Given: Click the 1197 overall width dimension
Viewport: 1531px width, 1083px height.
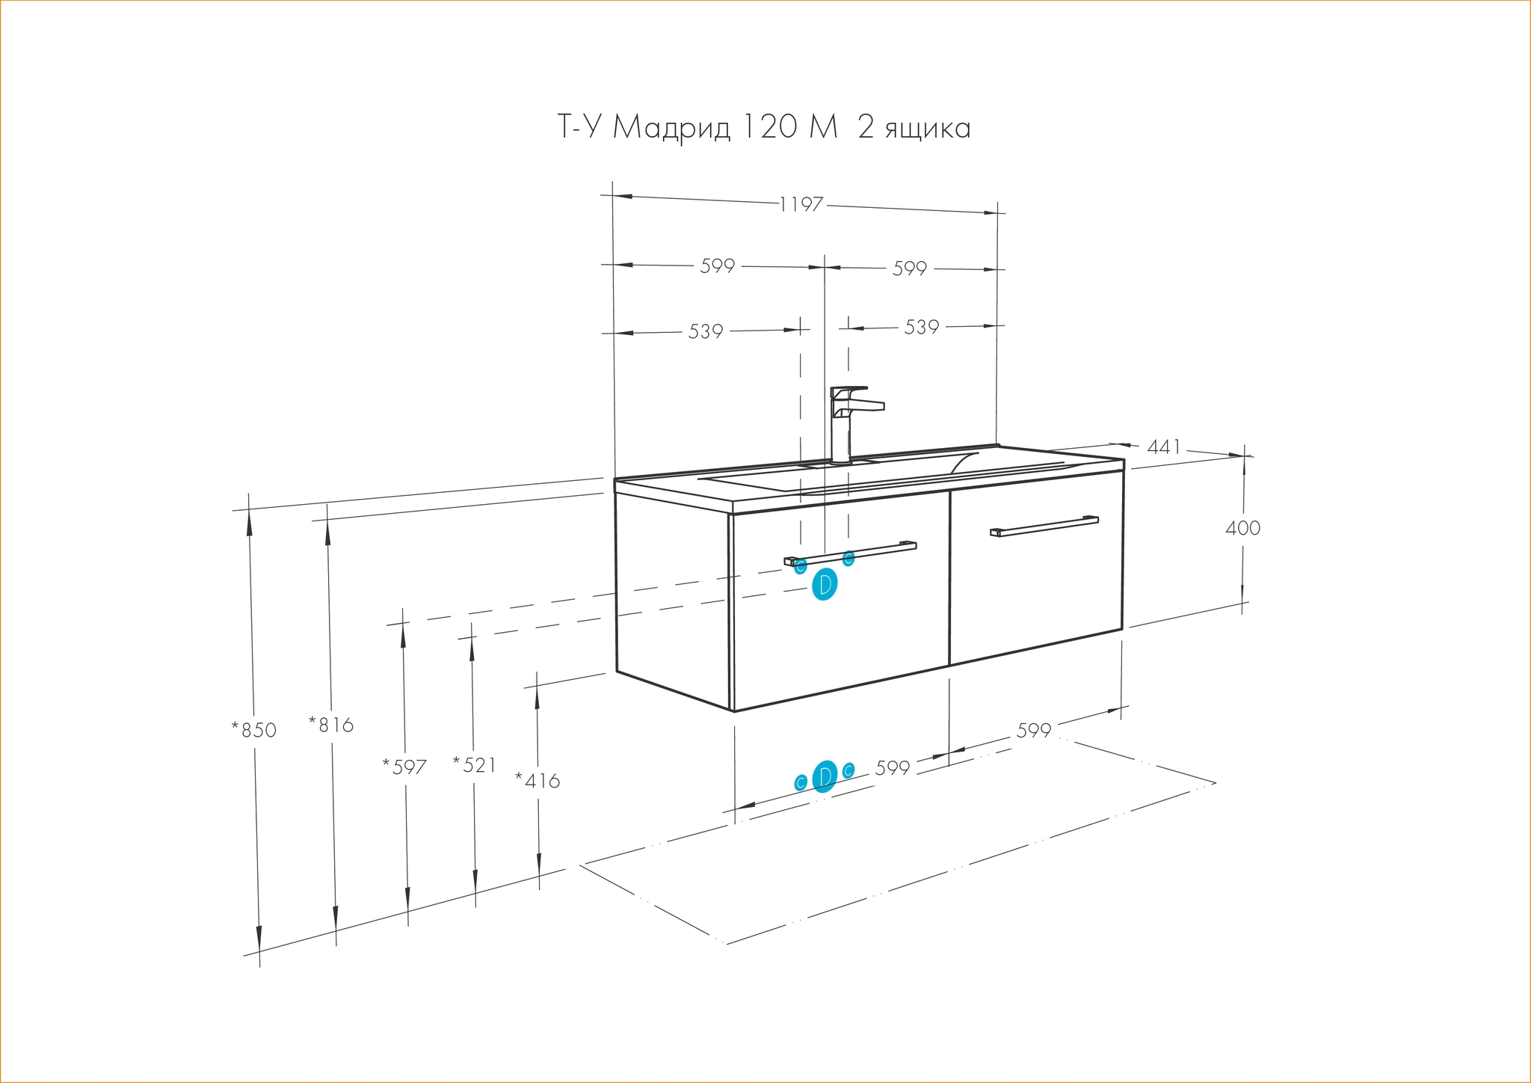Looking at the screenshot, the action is (801, 204).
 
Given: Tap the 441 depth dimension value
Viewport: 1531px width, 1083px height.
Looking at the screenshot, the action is (1164, 447).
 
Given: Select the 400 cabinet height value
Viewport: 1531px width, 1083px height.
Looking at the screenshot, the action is (1243, 528).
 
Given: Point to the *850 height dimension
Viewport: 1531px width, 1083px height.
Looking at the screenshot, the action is (253, 730).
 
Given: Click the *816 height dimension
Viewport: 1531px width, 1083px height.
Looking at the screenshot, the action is (331, 725).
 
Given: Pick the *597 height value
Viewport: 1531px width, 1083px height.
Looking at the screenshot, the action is (404, 767).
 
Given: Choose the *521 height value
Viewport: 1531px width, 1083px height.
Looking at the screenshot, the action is (474, 764).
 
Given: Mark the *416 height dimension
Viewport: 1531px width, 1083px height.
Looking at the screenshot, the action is (537, 781).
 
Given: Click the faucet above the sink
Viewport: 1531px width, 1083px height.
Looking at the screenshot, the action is (851, 424).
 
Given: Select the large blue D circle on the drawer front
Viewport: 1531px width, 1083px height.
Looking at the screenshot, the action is (825, 585).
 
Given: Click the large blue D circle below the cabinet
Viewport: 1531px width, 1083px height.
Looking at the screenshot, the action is (825, 776).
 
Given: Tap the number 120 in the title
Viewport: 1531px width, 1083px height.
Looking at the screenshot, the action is (770, 127).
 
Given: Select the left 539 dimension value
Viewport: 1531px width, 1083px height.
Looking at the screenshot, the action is (706, 331).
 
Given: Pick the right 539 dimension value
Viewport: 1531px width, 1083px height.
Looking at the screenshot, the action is (922, 328).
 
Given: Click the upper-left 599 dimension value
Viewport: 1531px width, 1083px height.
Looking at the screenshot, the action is (718, 266).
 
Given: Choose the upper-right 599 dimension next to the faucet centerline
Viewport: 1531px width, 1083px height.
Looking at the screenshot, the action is (910, 269).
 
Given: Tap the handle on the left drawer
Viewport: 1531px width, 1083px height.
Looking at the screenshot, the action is (850, 553).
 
